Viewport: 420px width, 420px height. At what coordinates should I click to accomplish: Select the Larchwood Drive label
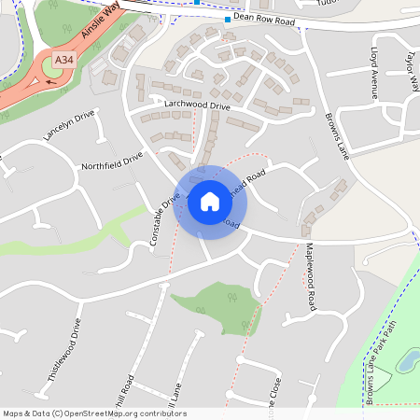coord(196,106)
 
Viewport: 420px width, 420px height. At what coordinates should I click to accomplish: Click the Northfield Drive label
coord(112,162)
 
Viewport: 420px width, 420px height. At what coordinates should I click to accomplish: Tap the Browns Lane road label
coord(334,135)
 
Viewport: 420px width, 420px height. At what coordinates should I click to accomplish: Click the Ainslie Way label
coord(100,18)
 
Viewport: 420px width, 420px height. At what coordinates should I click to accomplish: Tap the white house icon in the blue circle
coord(210,202)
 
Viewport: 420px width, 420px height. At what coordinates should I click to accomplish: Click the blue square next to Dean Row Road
coord(227,19)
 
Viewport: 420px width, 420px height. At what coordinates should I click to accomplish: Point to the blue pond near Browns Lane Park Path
coord(408,360)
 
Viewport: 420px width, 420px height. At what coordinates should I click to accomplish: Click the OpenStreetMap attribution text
coord(94,413)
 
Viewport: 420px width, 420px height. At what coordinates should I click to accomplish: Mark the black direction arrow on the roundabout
coord(49,83)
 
